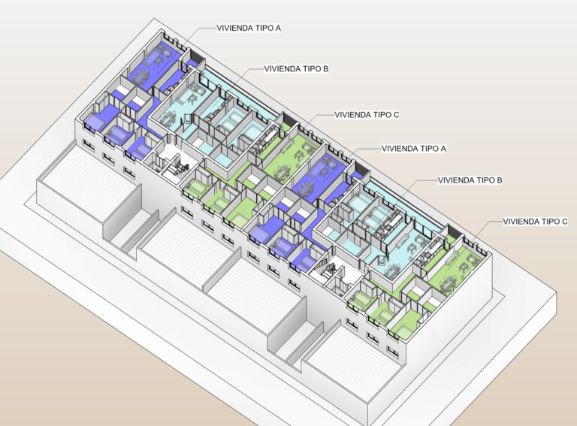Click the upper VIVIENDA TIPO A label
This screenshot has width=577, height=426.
click(249, 28)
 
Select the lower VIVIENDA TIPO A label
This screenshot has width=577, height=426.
click(414, 149)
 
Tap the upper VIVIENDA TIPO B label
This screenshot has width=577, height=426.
click(296, 69)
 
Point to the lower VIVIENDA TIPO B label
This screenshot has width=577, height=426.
click(470, 180)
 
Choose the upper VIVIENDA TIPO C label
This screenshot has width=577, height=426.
click(367, 115)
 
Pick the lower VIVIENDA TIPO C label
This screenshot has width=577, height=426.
click(535, 222)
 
